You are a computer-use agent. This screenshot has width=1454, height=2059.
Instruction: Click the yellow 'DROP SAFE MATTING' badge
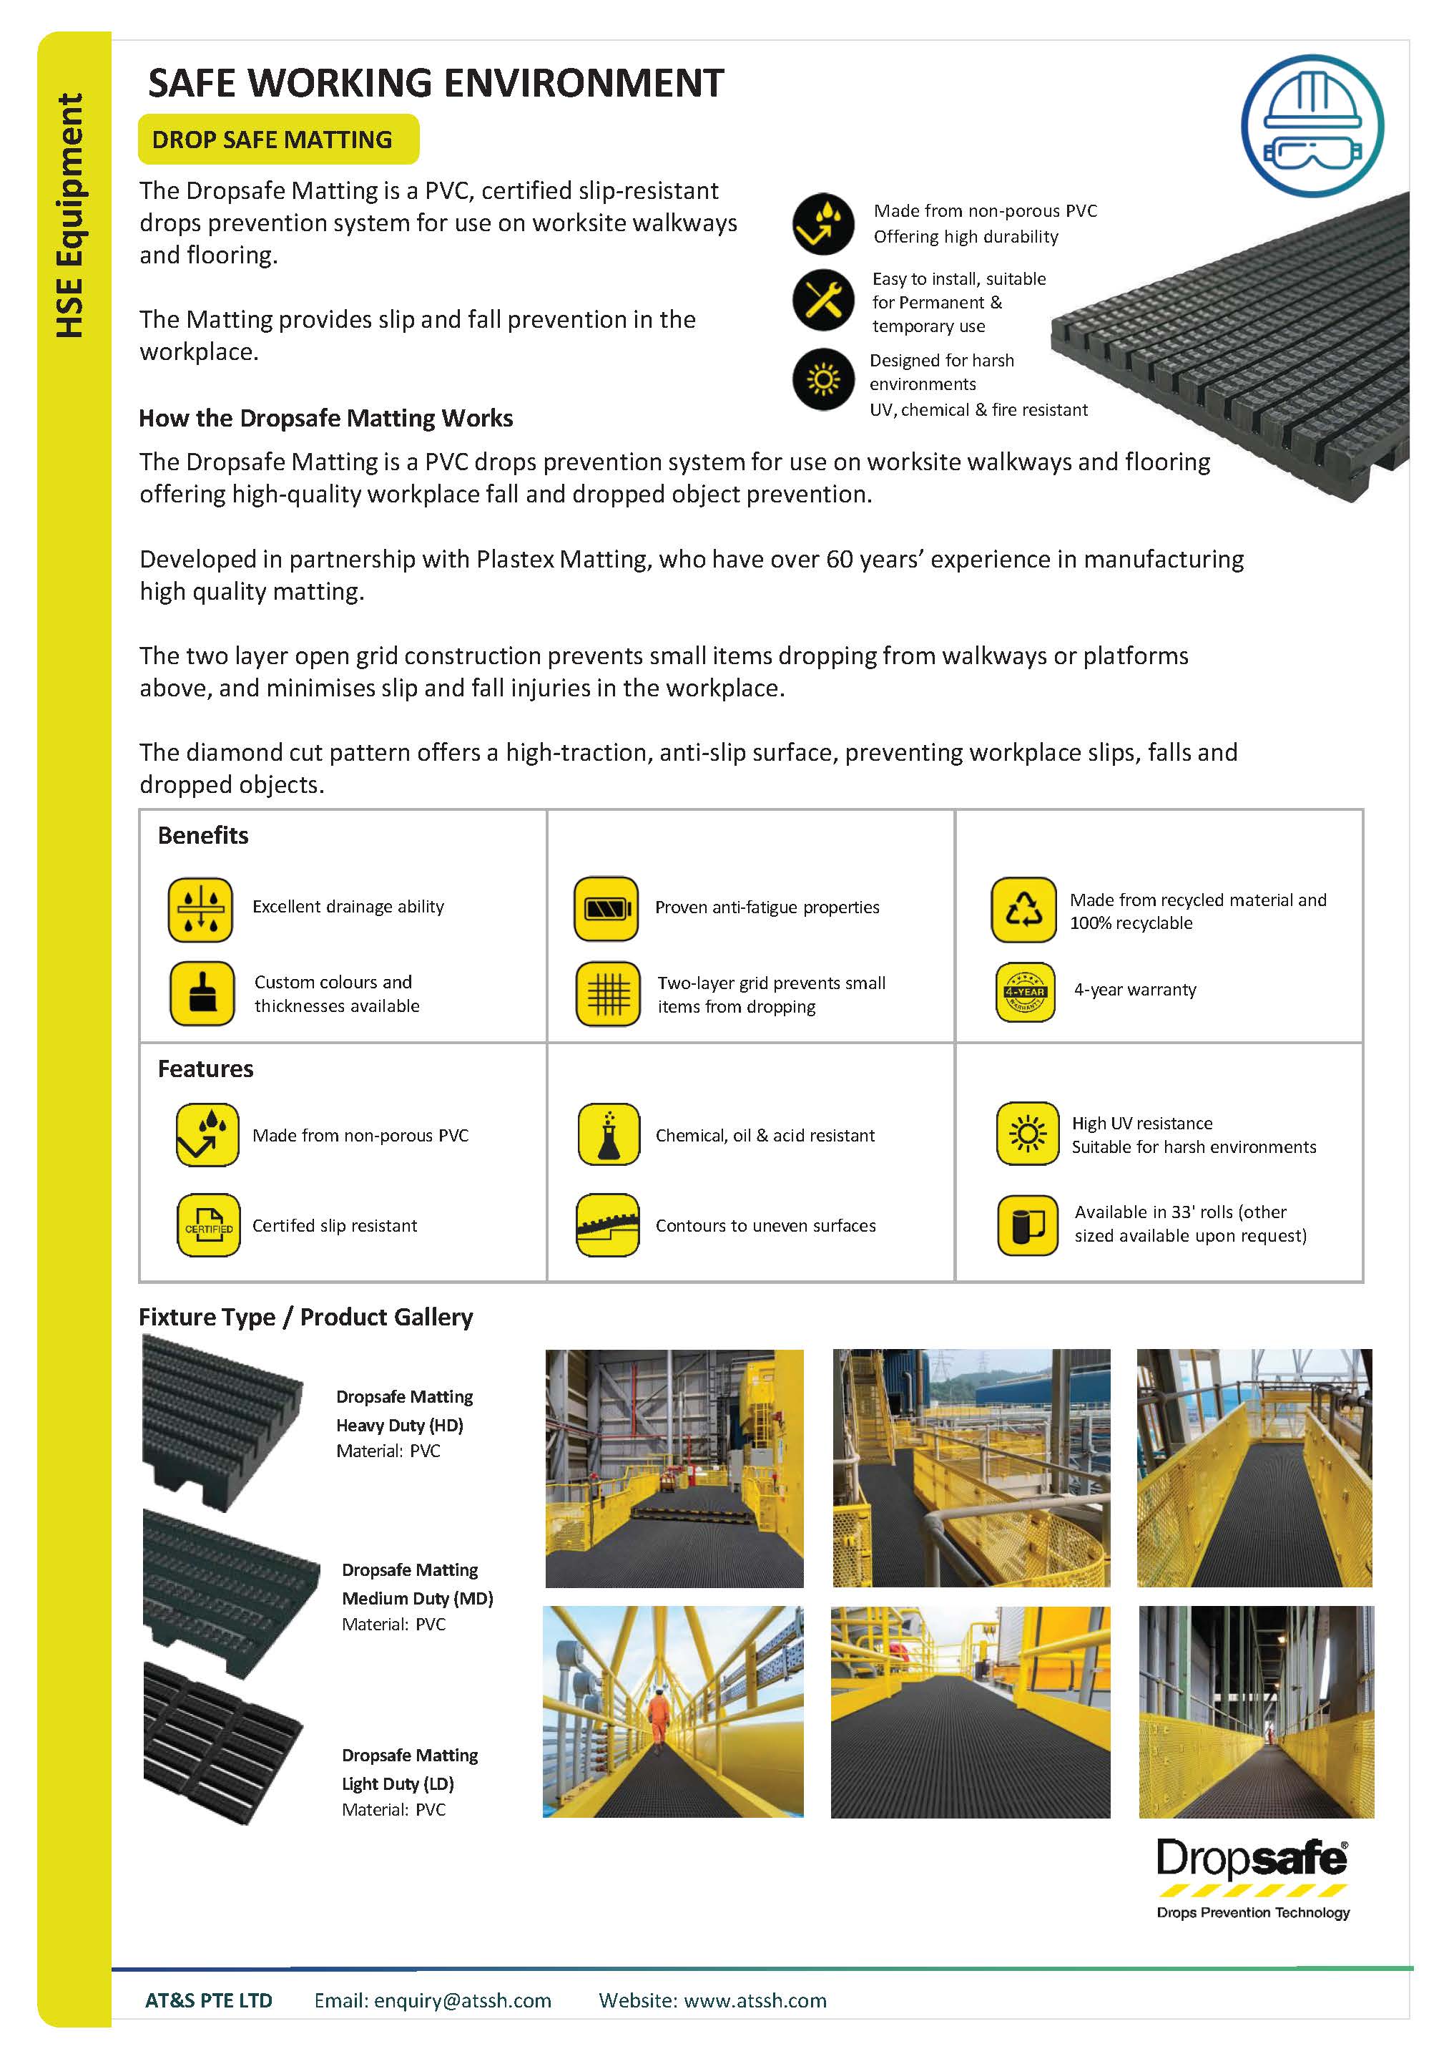click(278, 140)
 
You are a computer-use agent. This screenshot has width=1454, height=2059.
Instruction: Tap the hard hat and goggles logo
click(1312, 125)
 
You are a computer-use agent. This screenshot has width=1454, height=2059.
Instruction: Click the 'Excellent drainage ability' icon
click(200, 910)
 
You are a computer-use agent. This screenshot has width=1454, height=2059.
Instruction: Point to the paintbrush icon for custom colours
click(202, 993)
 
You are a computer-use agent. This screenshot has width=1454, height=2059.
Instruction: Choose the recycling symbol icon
click(1023, 910)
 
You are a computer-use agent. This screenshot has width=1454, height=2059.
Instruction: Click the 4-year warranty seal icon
click(1025, 993)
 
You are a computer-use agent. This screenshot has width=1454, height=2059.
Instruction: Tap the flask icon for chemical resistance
click(609, 1134)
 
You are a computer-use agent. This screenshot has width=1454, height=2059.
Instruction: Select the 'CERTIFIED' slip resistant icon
click(208, 1225)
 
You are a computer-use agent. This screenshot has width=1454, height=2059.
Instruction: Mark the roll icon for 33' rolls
click(1027, 1225)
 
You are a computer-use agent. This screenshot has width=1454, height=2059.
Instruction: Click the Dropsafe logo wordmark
click(1252, 1861)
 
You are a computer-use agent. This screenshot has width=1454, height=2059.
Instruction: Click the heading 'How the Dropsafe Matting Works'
click(325, 419)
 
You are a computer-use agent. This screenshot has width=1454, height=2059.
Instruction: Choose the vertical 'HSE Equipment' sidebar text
click(70, 216)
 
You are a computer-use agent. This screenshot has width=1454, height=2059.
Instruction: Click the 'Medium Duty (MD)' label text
click(417, 1598)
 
